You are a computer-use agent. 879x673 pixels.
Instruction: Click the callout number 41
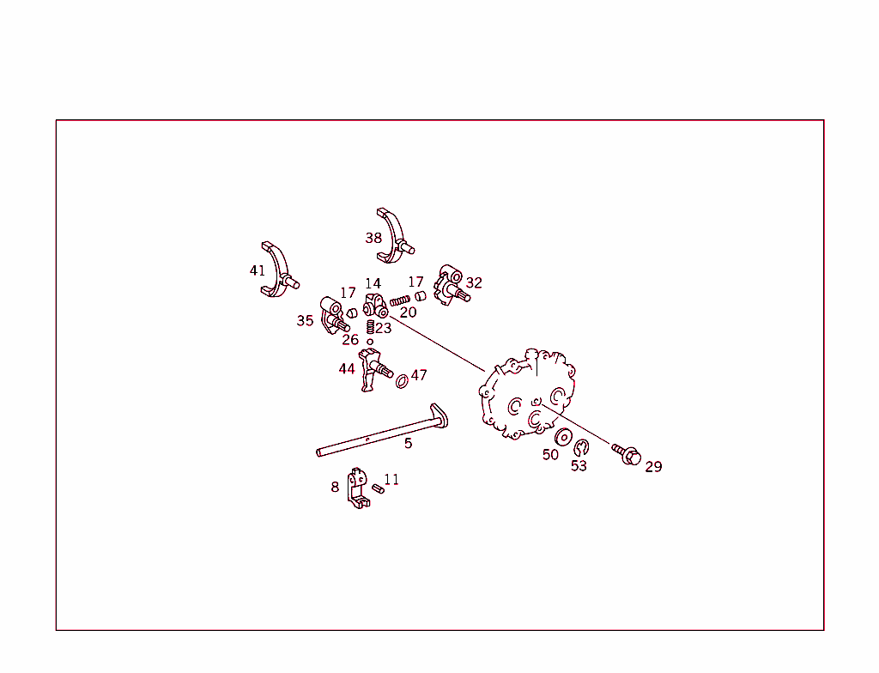point(258,270)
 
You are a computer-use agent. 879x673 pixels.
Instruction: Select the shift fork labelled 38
point(397,234)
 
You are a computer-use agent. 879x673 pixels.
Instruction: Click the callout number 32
point(474,282)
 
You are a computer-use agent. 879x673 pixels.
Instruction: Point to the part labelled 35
point(334,315)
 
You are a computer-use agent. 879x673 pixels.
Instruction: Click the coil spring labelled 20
point(399,300)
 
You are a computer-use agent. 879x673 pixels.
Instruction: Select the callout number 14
point(373,283)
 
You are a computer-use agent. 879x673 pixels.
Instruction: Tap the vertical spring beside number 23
point(370,327)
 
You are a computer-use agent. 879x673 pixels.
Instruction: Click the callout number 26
point(350,340)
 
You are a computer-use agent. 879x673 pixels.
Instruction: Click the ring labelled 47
point(401,379)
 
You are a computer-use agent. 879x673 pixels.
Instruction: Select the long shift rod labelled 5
point(378,436)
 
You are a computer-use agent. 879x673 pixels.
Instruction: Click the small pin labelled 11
point(378,488)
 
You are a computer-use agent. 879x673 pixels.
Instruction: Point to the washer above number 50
point(563,436)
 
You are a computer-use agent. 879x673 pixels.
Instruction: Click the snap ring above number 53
point(581,447)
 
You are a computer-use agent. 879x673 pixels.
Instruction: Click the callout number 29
point(653,467)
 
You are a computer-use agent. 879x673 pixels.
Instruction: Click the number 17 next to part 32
point(415,282)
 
